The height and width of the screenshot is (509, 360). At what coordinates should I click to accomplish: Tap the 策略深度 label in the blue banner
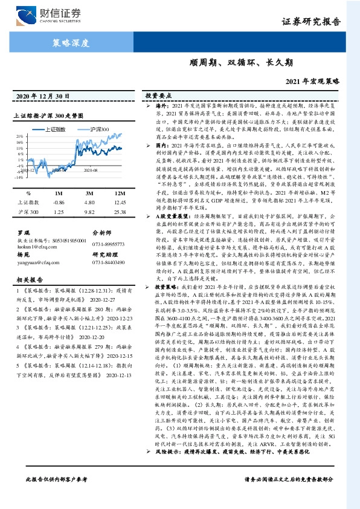pyautogui.click(x=71, y=43)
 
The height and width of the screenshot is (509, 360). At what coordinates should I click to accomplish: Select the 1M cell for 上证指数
pyautogui.click(x=59, y=203)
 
